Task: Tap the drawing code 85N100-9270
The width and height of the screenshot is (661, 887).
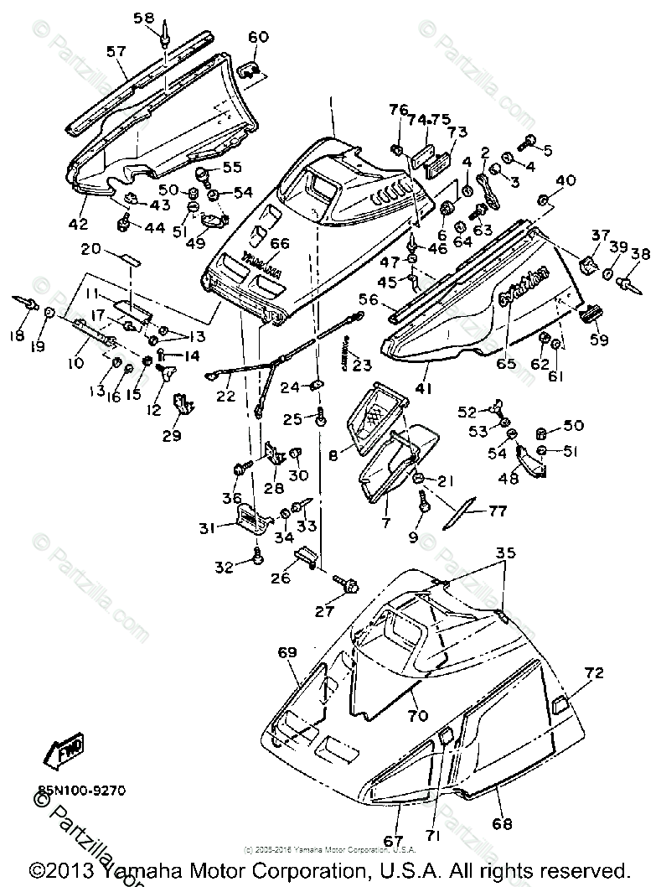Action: (81, 789)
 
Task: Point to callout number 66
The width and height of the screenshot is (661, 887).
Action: (279, 243)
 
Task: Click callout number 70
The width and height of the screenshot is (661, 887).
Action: (417, 716)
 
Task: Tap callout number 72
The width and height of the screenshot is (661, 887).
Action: (594, 672)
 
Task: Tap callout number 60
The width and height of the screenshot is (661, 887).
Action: (258, 37)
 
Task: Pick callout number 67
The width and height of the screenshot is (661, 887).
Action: (393, 841)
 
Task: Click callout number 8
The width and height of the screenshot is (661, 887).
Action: (333, 456)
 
